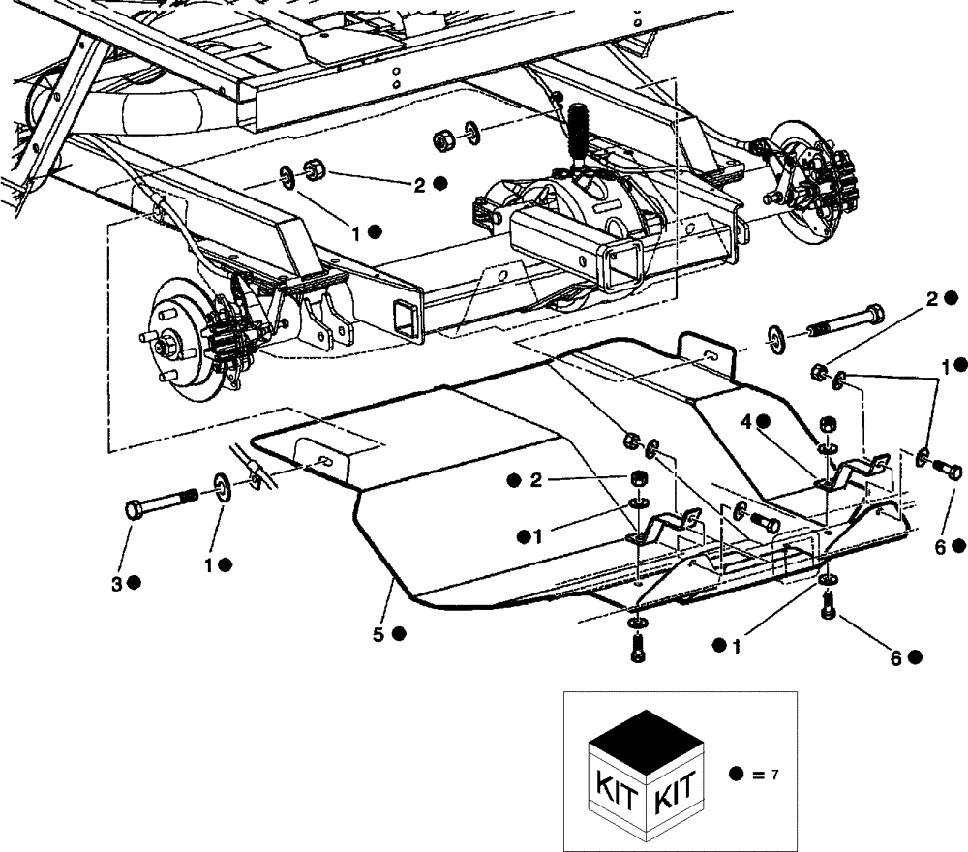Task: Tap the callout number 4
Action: point(746,421)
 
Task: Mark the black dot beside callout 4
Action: point(764,421)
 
